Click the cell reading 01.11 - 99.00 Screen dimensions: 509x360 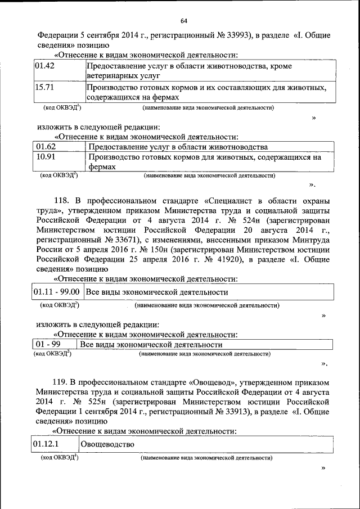click(56, 292)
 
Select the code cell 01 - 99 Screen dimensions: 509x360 click(48, 344)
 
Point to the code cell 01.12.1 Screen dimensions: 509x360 click(46, 444)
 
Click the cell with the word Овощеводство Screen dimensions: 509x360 click(107, 444)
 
